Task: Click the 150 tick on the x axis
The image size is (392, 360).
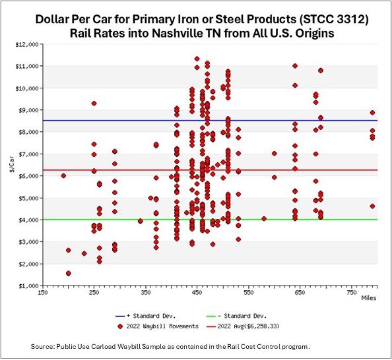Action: click(x=43, y=292)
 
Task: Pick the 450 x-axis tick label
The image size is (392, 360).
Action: click(x=197, y=292)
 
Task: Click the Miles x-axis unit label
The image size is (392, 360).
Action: click(x=369, y=297)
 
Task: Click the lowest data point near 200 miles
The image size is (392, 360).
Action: click(x=69, y=273)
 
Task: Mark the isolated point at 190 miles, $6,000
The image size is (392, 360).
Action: click(x=63, y=175)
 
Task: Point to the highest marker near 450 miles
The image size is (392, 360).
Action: click(x=197, y=59)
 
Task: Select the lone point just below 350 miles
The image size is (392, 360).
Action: click(x=140, y=221)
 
